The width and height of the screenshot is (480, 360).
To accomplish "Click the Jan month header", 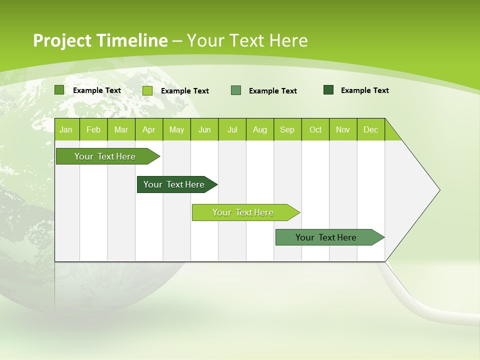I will [66, 129].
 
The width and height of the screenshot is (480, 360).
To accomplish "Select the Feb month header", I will [93, 129].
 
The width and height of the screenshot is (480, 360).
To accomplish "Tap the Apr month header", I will [148, 129].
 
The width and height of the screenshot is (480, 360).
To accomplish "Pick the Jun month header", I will [204, 129].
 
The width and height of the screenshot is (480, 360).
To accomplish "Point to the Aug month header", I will [259, 129].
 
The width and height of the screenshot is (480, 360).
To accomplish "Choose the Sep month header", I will [287, 129].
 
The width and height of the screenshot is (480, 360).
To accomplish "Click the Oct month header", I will [315, 129].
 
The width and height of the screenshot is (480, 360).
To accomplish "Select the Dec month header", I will [370, 129].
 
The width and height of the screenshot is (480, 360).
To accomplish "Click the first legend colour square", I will [59, 90].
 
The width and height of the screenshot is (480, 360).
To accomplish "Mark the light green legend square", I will [147, 90].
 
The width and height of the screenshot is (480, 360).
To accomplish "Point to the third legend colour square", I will [236, 90].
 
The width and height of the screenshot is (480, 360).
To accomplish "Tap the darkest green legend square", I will [328, 90].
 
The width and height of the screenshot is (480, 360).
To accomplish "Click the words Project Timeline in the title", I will [100, 40].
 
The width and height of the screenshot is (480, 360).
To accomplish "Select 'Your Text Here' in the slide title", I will [247, 40].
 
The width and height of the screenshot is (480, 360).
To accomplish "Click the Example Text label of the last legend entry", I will [364, 90].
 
